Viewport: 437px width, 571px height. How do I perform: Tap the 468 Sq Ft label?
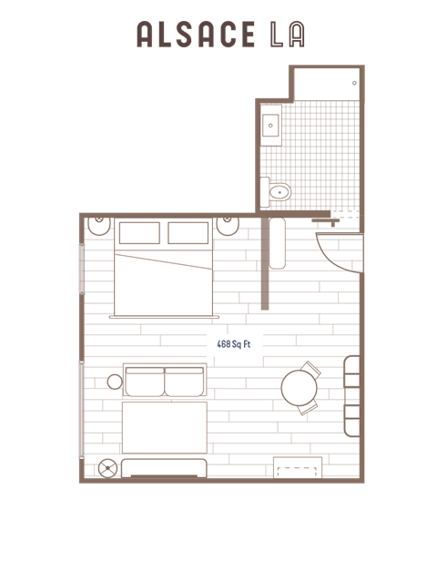(x=234, y=344)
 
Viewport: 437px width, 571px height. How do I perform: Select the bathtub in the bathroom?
(x=327, y=84)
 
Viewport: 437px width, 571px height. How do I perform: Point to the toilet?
(x=276, y=191)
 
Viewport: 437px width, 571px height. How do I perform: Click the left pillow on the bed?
(x=139, y=233)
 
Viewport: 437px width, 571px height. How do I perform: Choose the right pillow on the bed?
(x=188, y=233)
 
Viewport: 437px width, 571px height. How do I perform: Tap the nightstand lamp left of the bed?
(x=100, y=224)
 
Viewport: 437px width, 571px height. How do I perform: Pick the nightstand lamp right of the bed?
(x=229, y=224)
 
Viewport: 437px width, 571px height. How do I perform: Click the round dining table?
(x=298, y=389)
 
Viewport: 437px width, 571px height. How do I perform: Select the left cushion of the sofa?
(x=144, y=381)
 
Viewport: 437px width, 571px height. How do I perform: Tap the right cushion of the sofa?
(x=185, y=381)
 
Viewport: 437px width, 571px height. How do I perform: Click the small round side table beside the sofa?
(x=115, y=381)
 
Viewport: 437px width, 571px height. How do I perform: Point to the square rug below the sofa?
(x=164, y=427)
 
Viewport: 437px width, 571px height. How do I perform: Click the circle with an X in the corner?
(x=108, y=468)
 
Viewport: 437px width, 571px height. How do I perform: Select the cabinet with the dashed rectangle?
(x=297, y=467)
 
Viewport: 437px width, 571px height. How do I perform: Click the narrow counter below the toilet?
(x=277, y=242)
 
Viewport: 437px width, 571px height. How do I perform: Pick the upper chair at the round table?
(x=310, y=371)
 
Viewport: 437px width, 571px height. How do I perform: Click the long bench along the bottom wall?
(x=164, y=468)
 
